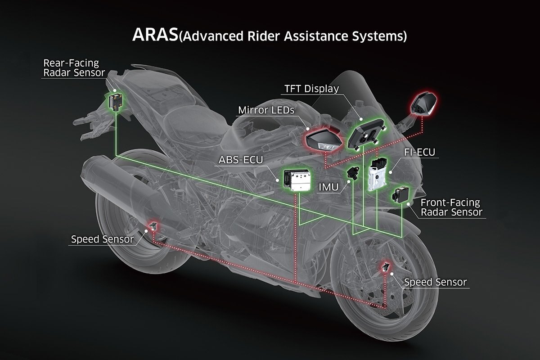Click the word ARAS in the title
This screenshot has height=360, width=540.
pos(155,35)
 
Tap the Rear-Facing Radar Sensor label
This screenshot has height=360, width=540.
pos(74,68)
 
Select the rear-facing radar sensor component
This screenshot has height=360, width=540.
pos(116,102)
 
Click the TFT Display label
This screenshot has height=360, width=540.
pos(311,89)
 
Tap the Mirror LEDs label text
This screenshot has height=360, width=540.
pos(266,110)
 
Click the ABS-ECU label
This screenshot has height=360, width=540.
pos(241,160)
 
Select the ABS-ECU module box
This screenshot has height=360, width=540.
pos(297,180)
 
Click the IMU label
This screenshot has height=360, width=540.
pos(328,187)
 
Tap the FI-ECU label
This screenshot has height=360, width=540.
pos(419,152)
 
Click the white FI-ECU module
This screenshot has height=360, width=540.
pos(377,174)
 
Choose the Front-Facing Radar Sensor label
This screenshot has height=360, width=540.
pos(451,207)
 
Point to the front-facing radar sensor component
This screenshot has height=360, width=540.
pos(400,195)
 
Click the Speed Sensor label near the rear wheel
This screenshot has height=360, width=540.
pos(102,239)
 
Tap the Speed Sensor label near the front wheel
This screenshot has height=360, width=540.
pos(436,282)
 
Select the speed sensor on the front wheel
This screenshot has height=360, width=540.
pos(386,267)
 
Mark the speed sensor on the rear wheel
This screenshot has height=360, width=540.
pos(153,226)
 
